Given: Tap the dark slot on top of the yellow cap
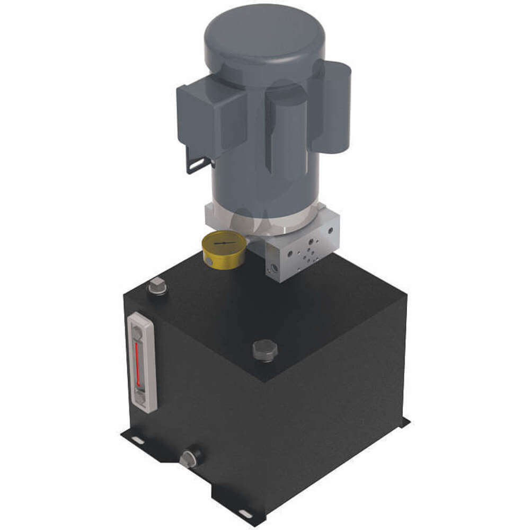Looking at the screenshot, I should (225, 242).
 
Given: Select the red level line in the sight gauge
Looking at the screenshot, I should (138, 364).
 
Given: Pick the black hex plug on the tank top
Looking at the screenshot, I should (265, 350).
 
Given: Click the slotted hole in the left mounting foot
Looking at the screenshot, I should (136, 440).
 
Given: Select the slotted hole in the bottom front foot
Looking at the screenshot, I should (245, 513).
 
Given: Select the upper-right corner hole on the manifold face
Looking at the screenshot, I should (330, 232).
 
